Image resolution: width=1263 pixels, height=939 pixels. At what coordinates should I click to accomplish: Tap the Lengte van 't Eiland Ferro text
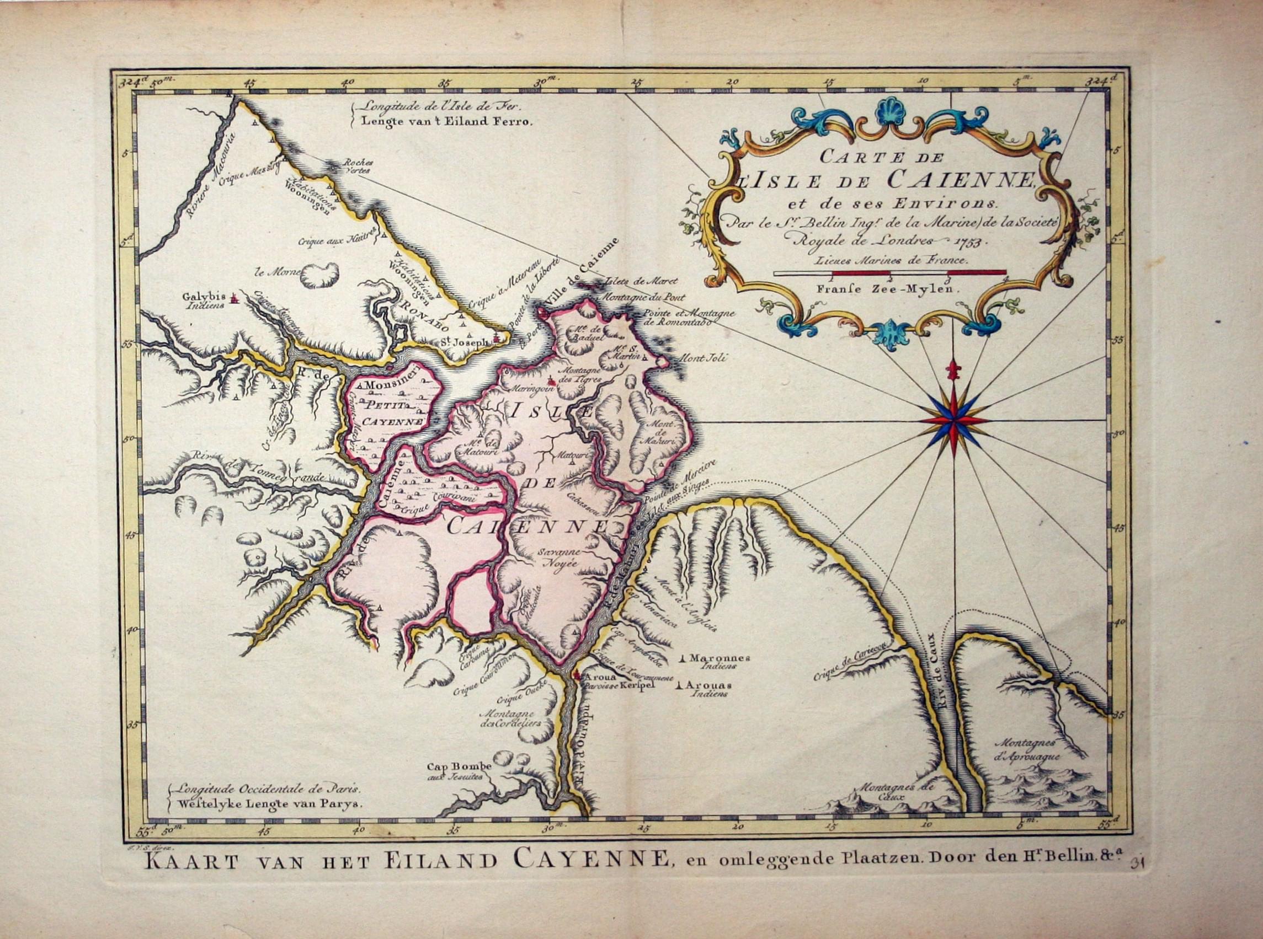pos(441,121)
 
